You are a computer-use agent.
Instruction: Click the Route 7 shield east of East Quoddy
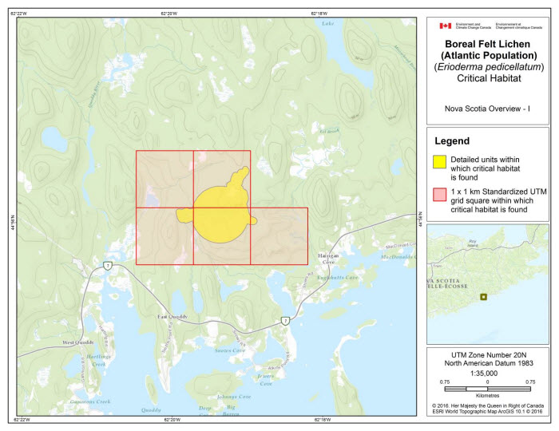click(x=285, y=320)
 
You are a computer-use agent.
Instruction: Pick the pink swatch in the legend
click(x=438, y=194)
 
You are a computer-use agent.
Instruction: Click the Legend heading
click(x=451, y=140)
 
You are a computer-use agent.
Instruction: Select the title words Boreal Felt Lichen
click(x=488, y=42)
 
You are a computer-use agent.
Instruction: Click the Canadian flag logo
click(x=446, y=26)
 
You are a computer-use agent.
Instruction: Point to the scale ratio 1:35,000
click(x=487, y=371)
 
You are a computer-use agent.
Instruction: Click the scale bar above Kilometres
click(x=487, y=387)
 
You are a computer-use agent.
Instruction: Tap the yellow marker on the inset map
click(x=482, y=297)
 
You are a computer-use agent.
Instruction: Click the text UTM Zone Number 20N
click(x=487, y=353)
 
